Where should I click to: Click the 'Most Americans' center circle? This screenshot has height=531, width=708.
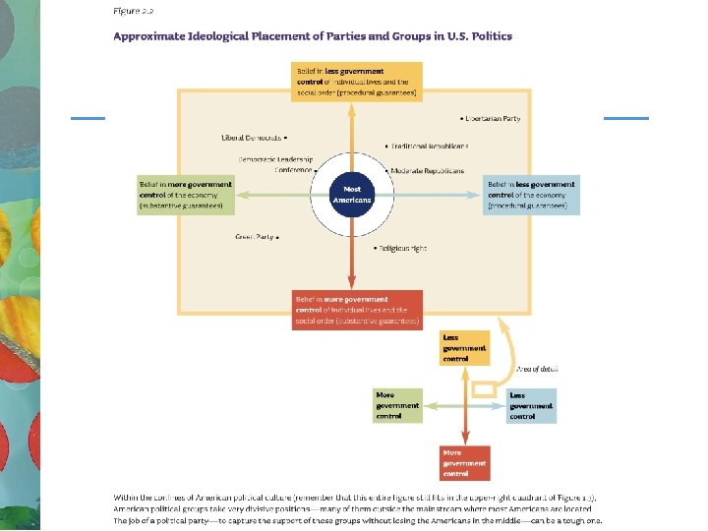(353, 194)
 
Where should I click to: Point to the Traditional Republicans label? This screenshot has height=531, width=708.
(429, 146)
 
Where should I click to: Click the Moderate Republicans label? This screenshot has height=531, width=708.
(427, 170)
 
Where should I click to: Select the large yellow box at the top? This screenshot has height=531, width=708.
(357, 81)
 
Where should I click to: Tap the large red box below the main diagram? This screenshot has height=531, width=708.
(358, 310)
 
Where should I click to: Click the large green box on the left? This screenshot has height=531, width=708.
(186, 195)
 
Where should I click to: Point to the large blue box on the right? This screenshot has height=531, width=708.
(530, 195)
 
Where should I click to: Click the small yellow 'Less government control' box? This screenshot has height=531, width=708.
(464, 348)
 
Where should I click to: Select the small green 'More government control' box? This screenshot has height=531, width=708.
(397, 405)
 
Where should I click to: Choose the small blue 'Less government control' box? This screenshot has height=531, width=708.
(531, 405)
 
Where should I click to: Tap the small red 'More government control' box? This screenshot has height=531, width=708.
(464, 462)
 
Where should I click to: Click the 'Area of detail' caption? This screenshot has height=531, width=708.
(537, 369)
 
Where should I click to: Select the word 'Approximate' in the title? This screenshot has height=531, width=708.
(148, 36)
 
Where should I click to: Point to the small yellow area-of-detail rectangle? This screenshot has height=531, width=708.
(484, 390)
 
